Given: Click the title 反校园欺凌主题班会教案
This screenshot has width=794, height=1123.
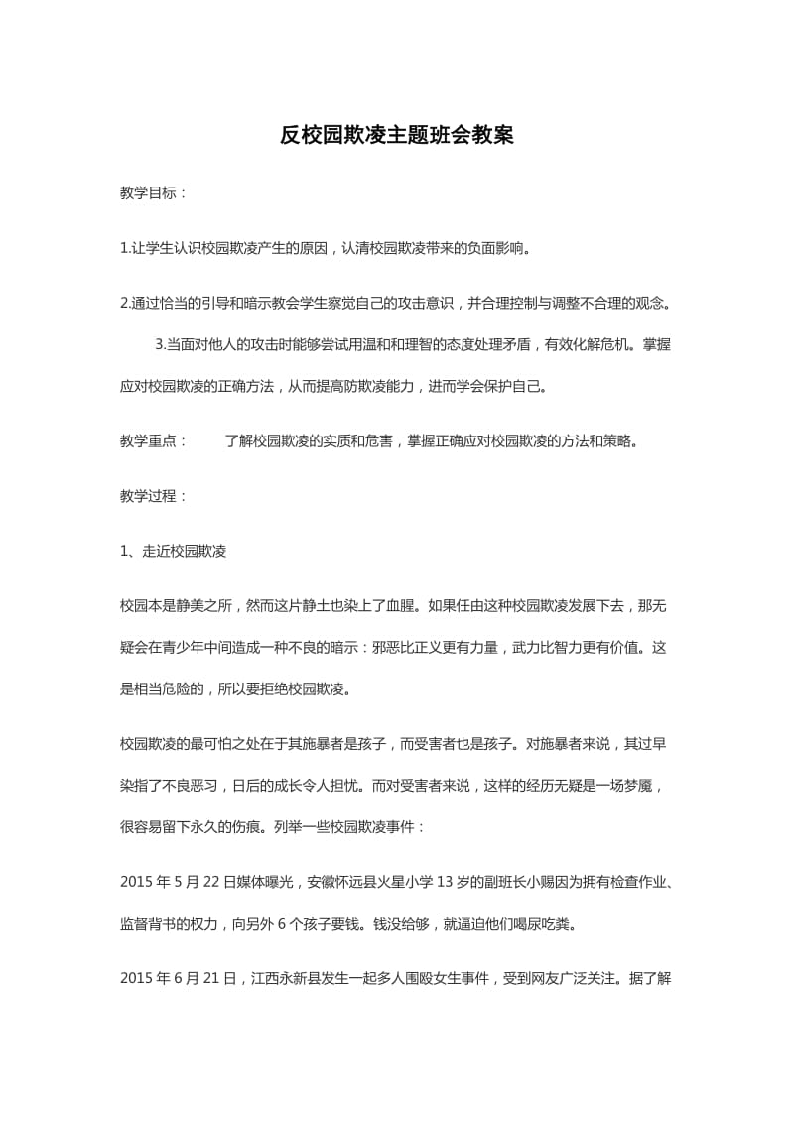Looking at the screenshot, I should click(x=396, y=136).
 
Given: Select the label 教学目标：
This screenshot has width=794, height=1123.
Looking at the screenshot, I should click(x=153, y=193).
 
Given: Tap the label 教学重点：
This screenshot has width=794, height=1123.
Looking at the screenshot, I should click(x=153, y=440).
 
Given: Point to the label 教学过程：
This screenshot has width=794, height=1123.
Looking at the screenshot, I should click(x=153, y=495).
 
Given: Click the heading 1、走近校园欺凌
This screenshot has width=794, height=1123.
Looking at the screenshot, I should click(x=173, y=551).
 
